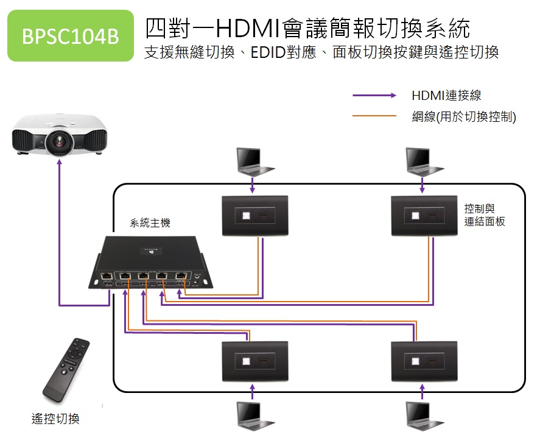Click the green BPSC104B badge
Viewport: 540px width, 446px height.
click(x=70, y=36)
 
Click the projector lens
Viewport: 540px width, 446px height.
click(x=61, y=141)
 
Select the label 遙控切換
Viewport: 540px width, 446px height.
click(x=55, y=419)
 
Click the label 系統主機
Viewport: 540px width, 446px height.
click(x=150, y=223)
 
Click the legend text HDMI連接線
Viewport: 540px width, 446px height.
click(x=446, y=95)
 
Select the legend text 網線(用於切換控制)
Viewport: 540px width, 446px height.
click(x=464, y=116)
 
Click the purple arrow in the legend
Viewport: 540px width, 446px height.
click(x=374, y=96)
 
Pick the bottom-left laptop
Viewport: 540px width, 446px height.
click(x=251, y=415)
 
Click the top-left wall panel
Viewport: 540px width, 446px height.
click(x=254, y=216)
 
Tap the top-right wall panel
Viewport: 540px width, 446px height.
click(x=424, y=216)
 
